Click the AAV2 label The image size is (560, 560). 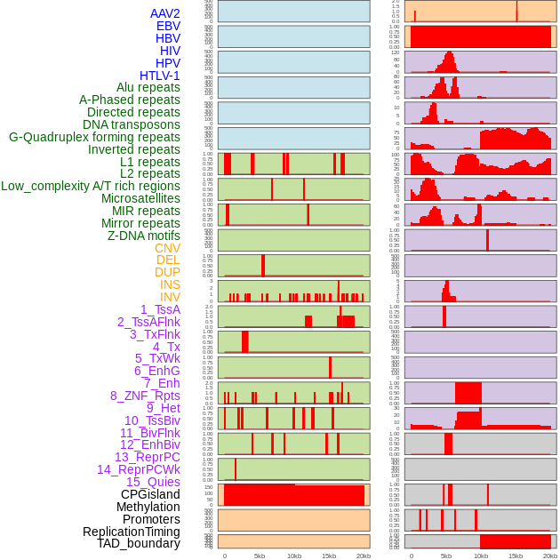[165, 13]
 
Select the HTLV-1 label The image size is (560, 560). [160, 76]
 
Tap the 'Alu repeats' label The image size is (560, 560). [148, 88]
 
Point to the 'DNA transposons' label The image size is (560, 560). [132, 125]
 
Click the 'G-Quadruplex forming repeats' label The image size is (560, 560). [94, 138]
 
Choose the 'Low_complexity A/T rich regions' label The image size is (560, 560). [91, 186]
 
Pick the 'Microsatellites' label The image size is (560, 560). [140, 198]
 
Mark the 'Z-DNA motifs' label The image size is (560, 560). [144, 236]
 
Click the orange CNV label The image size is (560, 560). [167, 248]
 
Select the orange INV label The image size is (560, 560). [170, 297]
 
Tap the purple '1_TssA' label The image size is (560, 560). [160, 309]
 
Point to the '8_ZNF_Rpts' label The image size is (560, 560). [145, 396]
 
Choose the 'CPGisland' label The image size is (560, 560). [150, 494]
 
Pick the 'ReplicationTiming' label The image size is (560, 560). [132, 532]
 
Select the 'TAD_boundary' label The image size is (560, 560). [139, 543]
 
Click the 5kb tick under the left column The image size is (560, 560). [260, 556]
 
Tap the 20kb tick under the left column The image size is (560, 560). [363, 556]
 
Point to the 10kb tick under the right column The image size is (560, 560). [481, 556]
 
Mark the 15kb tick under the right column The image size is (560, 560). [516, 556]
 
